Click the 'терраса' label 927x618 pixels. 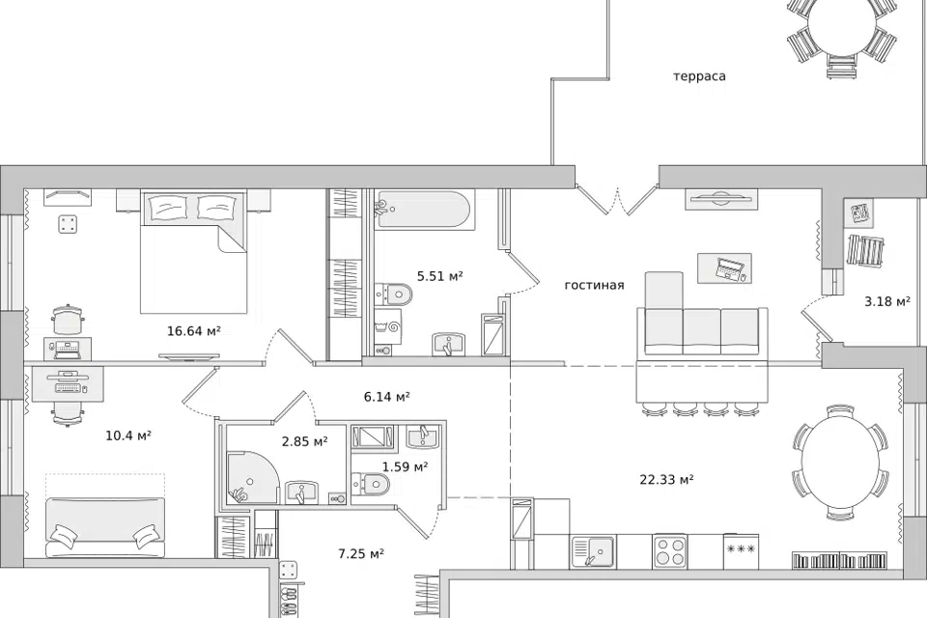pos(699,76)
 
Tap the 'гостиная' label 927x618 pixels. pos(594,285)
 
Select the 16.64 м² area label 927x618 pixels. pos(194,331)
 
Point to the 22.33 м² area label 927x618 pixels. pos(666,479)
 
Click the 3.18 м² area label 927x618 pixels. pos(887,301)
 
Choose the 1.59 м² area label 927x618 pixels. pos(405,467)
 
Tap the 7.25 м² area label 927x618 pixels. pos(361,554)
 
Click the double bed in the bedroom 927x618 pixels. pos(193,251)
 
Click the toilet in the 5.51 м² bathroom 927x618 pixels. pos(393,293)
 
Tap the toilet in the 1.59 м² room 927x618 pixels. pos(370,484)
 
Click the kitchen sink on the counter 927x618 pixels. pos(593,551)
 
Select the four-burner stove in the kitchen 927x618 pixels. pos(670,551)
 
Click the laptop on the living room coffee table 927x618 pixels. pos(729,268)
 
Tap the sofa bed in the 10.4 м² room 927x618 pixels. pos(105,527)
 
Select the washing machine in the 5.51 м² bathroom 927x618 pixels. pos(388,330)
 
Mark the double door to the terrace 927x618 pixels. pos(617,201)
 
